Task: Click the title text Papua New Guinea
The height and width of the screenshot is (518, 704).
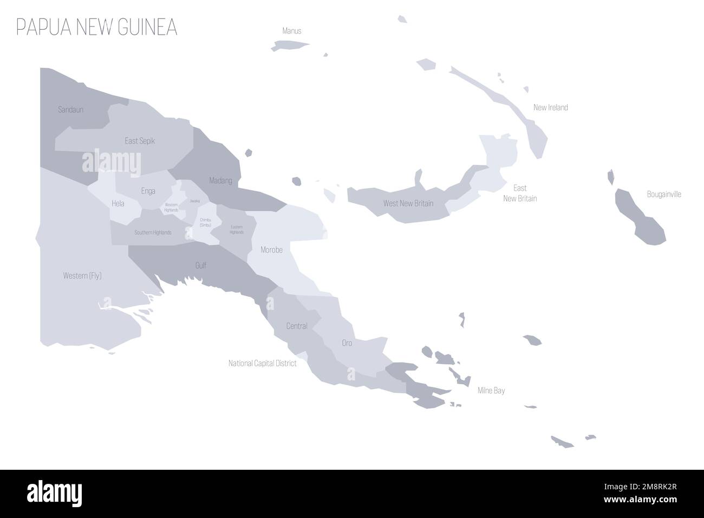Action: pos(97,28)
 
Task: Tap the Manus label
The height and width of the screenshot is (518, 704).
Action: pos(292,31)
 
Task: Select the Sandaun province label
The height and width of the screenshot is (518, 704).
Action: pos(70,110)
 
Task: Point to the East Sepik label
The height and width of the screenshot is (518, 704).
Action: pos(140,141)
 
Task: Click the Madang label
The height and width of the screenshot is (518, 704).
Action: pos(220,180)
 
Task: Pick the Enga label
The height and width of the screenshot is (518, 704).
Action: pos(148,191)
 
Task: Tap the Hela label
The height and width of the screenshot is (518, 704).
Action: pos(118,204)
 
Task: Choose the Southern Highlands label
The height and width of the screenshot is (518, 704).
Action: pos(153,232)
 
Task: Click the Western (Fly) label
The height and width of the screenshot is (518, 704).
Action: pos(82,276)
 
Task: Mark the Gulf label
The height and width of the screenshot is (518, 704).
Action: pos(200,266)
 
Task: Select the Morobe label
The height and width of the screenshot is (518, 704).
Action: pos(271,250)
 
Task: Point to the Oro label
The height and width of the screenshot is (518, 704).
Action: pos(347,343)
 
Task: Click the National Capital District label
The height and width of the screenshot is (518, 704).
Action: pos(263,364)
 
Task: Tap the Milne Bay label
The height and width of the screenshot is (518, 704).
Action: pos(491,390)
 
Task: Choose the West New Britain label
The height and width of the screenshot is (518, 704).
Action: pos(408,204)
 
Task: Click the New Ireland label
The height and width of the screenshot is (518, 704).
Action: pos(550,107)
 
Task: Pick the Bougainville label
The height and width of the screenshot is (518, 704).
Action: pos(664,194)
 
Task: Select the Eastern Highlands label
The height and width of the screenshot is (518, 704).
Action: pos(236,229)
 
